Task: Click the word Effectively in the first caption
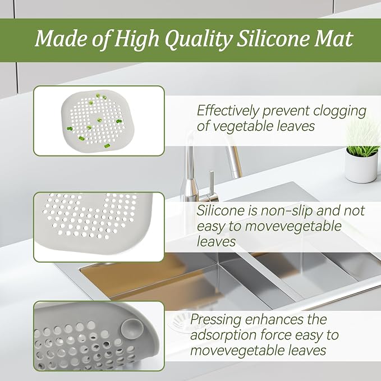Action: tap(228, 111)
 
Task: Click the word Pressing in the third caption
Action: tap(216, 320)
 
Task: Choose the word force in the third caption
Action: tap(276, 336)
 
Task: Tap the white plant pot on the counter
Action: tap(361, 165)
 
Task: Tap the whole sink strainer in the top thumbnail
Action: tap(98, 121)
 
